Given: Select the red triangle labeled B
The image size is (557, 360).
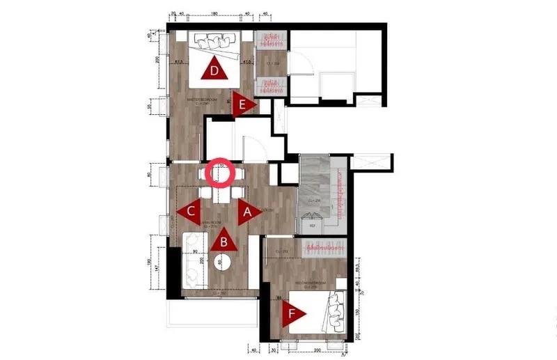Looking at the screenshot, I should pyautogui.click(x=223, y=241).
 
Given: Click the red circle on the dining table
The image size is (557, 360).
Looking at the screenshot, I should pyautogui.click(x=219, y=173).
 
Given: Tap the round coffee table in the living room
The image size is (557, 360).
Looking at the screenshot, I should pyautogui.click(x=220, y=263).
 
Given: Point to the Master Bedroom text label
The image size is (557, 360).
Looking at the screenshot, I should pyautogui.click(x=202, y=100).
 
